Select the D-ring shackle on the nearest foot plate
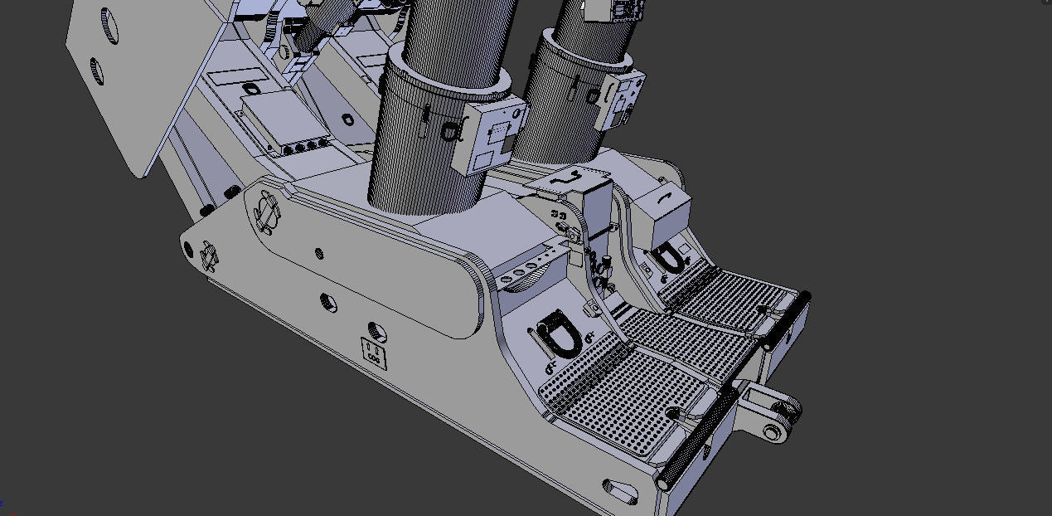coord(555,338)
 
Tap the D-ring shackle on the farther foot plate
coord(672,258)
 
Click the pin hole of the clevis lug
coord(775,431)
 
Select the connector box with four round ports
coord(287,124)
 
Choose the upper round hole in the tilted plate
coord(109,27)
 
